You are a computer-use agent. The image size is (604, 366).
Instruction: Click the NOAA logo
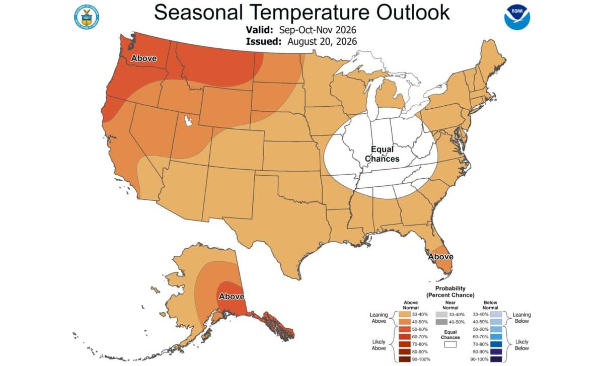click(x=517, y=17)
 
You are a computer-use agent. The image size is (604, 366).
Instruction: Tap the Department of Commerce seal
click(x=87, y=17)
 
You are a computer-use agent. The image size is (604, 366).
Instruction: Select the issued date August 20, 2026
click(x=322, y=42)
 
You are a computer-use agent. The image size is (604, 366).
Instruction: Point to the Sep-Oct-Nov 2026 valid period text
click(x=318, y=30)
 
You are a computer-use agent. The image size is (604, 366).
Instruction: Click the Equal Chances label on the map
click(x=382, y=154)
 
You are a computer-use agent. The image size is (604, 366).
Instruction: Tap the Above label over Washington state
click(x=144, y=58)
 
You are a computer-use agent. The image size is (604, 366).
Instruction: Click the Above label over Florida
click(x=440, y=256)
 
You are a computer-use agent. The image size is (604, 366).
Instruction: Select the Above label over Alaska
click(x=232, y=297)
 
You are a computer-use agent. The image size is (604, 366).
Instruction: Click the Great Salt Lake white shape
click(x=188, y=121)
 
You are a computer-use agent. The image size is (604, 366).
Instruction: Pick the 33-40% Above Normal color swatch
click(x=405, y=315)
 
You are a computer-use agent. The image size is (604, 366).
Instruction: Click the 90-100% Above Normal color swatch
click(x=405, y=359)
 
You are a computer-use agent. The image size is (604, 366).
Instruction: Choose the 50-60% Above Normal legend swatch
click(x=405, y=329)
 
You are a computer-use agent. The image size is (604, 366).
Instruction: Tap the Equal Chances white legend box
click(x=450, y=344)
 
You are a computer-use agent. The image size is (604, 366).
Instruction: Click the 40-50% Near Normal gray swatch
click(x=441, y=322)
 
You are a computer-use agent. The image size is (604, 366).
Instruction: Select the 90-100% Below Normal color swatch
click(x=496, y=359)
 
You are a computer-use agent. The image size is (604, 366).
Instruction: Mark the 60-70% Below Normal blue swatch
click(x=496, y=337)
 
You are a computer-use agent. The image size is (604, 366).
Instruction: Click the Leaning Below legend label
click(x=522, y=318)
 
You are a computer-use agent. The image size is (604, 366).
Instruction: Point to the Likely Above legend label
click(x=379, y=345)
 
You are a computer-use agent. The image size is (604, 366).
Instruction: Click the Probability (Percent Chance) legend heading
click(x=450, y=291)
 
